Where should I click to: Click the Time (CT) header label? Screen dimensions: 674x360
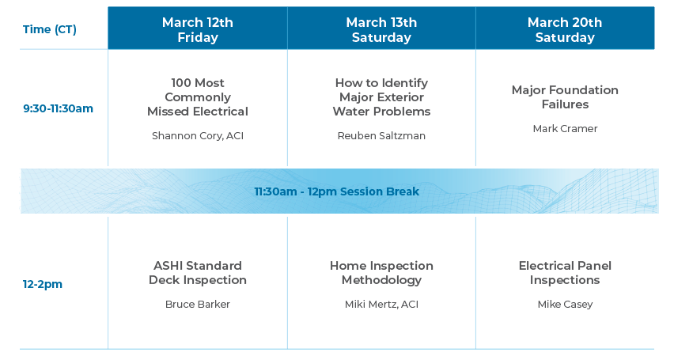pyautogui.click(x=49, y=29)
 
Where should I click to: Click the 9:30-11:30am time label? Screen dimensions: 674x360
pyautogui.click(x=58, y=108)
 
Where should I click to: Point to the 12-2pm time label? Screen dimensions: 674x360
pyautogui.click(x=43, y=284)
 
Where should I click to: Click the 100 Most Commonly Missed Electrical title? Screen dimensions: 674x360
pyautogui.click(x=198, y=97)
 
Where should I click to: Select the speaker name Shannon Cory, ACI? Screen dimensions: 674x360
pyautogui.click(x=198, y=136)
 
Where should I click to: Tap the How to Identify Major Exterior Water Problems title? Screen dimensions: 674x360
pyautogui.click(x=382, y=97)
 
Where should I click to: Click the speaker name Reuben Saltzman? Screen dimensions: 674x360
pyautogui.click(x=382, y=136)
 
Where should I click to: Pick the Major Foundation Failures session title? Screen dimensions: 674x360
pyautogui.click(x=565, y=97)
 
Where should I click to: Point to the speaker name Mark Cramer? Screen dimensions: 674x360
pyautogui.click(x=565, y=129)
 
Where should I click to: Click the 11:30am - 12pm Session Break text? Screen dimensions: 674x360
pyautogui.click(x=336, y=191)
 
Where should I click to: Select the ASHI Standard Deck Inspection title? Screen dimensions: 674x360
pyautogui.click(x=198, y=273)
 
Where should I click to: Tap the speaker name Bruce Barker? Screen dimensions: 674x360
pyautogui.click(x=198, y=305)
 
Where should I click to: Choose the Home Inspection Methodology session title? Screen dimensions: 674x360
pyautogui.click(x=382, y=273)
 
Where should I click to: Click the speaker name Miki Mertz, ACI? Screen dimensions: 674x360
pyautogui.click(x=382, y=305)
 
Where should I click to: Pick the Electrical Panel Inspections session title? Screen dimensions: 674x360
pyautogui.click(x=565, y=273)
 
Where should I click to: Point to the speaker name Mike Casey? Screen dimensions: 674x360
pyautogui.click(x=565, y=305)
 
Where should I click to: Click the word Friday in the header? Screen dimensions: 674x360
pyautogui.click(x=198, y=37)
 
